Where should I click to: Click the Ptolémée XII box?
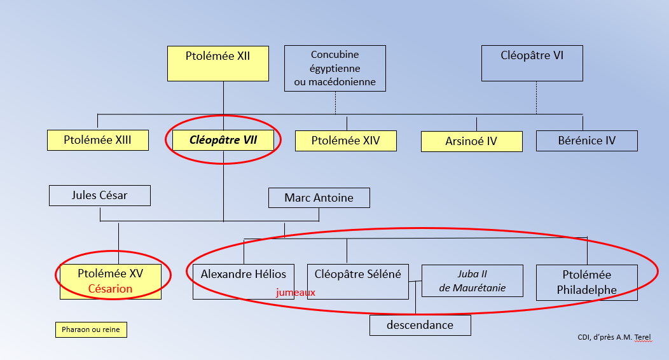(x=217, y=63)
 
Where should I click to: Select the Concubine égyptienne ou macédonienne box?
(x=334, y=68)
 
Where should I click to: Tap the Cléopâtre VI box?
(x=532, y=63)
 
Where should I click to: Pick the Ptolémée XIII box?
(x=97, y=140)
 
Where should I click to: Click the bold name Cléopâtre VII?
(x=223, y=140)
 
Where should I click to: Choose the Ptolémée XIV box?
(x=345, y=141)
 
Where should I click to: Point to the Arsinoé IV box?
(x=471, y=141)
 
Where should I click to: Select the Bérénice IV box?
(x=586, y=141)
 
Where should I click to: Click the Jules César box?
(x=99, y=195)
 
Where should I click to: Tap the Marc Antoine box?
(x=319, y=198)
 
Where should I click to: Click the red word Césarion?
(x=110, y=289)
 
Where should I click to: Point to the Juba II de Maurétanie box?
(x=472, y=280)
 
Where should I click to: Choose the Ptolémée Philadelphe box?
(x=586, y=282)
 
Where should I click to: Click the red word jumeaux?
(x=296, y=293)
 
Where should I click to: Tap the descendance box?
(x=420, y=325)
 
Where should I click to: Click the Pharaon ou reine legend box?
(x=90, y=329)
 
